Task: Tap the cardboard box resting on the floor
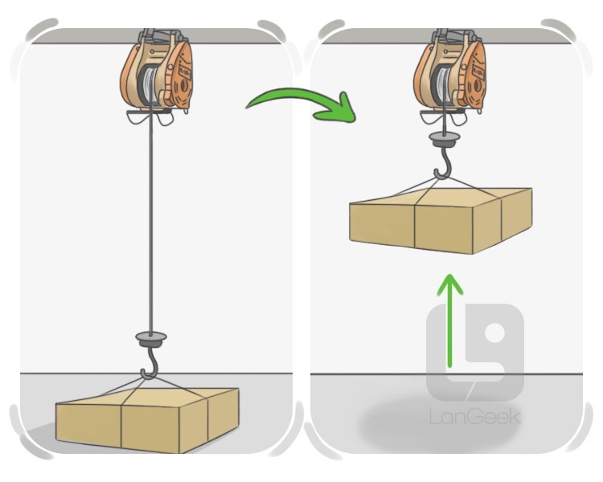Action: click(x=147, y=419)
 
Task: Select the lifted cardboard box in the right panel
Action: click(x=441, y=220)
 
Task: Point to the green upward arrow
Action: click(x=449, y=321)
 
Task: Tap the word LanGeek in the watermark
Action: click(x=475, y=417)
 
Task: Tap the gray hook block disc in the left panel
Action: click(x=151, y=339)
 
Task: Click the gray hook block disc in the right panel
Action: click(x=445, y=139)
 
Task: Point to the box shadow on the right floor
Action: click(x=438, y=425)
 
